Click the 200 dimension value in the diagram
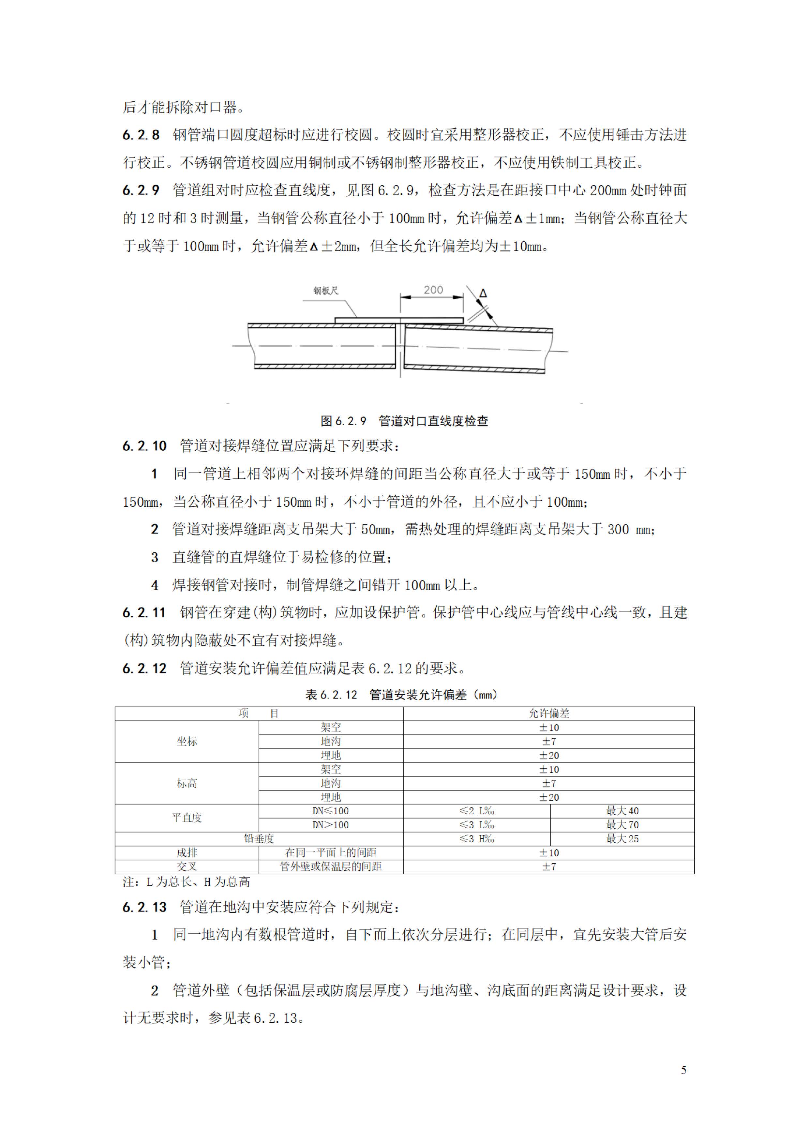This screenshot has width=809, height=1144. (433, 290)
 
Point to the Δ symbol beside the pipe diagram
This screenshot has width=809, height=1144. (483, 294)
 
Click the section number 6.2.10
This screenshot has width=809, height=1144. (144, 446)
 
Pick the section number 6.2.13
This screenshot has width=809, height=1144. (144, 907)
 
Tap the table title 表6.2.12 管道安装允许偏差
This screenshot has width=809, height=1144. (401, 695)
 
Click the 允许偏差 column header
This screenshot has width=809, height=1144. (548, 714)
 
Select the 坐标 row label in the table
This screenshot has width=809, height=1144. (187, 741)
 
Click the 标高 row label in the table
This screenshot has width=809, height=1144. (187, 783)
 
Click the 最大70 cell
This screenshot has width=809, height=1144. (622, 825)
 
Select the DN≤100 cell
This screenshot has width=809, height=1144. (330, 811)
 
